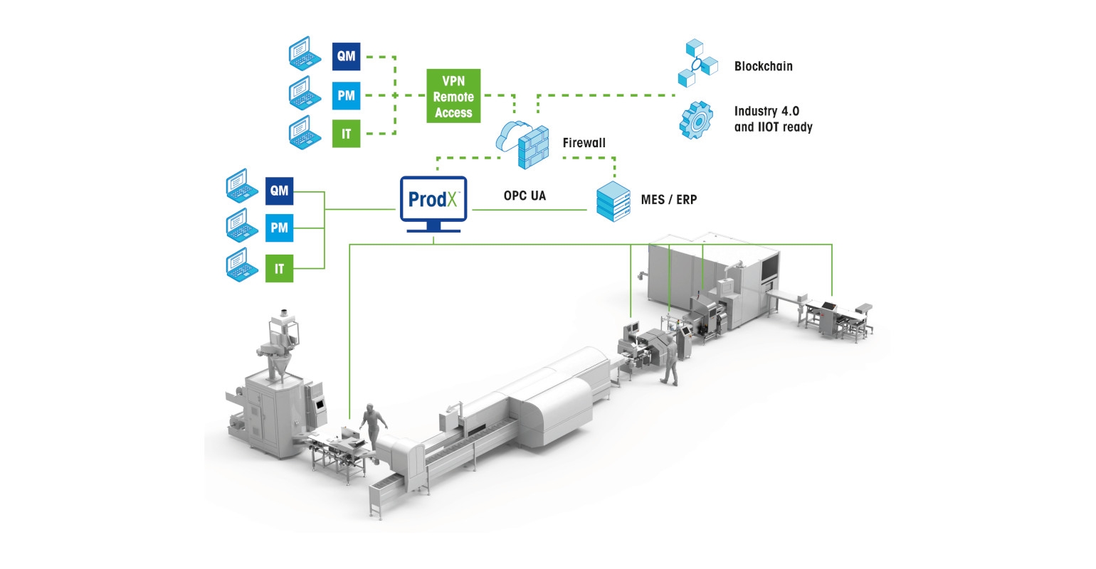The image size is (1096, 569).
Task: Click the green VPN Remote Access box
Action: [x=453, y=96]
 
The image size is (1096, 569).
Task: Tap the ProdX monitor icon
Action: [x=433, y=203]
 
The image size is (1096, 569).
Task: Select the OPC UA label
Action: [x=525, y=196]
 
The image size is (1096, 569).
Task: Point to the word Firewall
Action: [x=584, y=143]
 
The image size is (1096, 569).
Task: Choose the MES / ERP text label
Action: [x=669, y=200]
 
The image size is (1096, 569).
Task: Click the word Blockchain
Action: [x=763, y=66]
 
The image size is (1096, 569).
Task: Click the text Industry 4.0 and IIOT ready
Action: [x=773, y=119]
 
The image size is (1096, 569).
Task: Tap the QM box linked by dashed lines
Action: [x=347, y=57]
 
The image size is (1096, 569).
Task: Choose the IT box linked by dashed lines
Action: [x=347, y=134]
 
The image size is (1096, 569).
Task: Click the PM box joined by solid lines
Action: [x=279, y=228]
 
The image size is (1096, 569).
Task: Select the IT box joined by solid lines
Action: [x=279, y=268]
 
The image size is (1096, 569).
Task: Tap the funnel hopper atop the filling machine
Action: [x=278, y=356]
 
